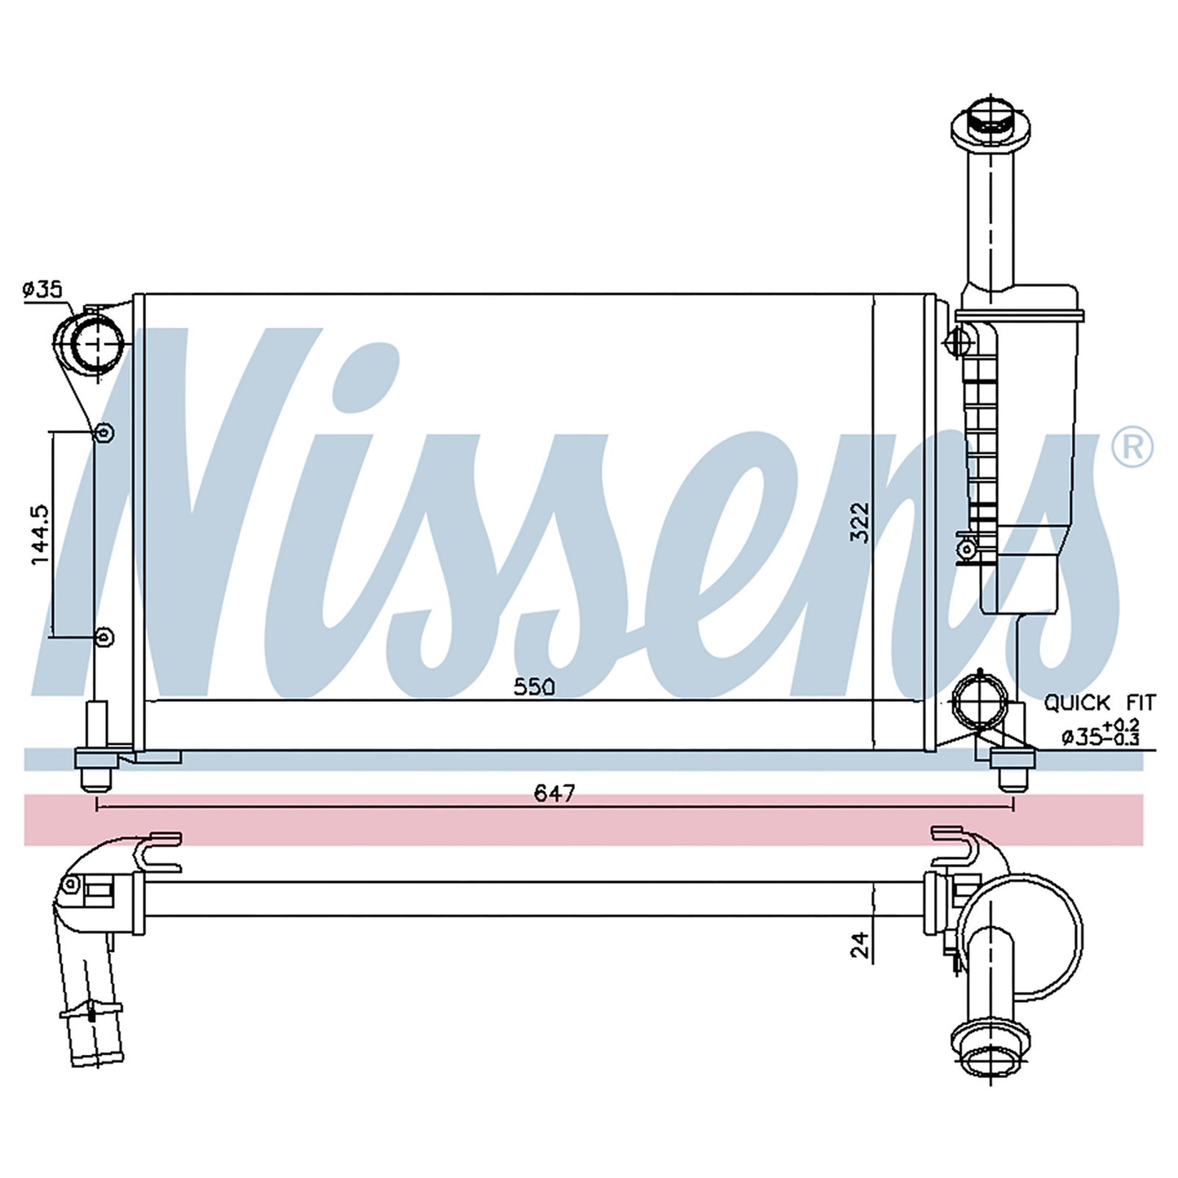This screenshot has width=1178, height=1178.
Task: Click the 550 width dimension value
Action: (534, 687)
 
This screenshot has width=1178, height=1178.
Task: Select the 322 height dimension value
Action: (859, 522)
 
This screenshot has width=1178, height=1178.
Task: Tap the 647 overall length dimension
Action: (554, 794)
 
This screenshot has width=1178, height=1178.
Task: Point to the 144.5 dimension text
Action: (40, 535)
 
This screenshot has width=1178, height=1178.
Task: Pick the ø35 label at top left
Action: (42, 289)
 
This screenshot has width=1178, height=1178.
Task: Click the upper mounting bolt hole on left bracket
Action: (104, 434)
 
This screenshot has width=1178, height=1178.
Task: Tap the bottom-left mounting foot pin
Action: (96, 780)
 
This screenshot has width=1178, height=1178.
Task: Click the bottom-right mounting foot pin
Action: (1013, 780)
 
